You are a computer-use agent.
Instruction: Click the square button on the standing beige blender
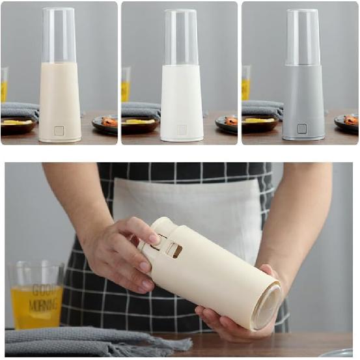(x=59, y=130)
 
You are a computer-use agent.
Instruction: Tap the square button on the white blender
(x=182, y=130)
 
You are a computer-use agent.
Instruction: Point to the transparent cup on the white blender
(x=181, y=36)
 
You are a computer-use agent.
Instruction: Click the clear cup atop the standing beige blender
(x=59, y=36)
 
